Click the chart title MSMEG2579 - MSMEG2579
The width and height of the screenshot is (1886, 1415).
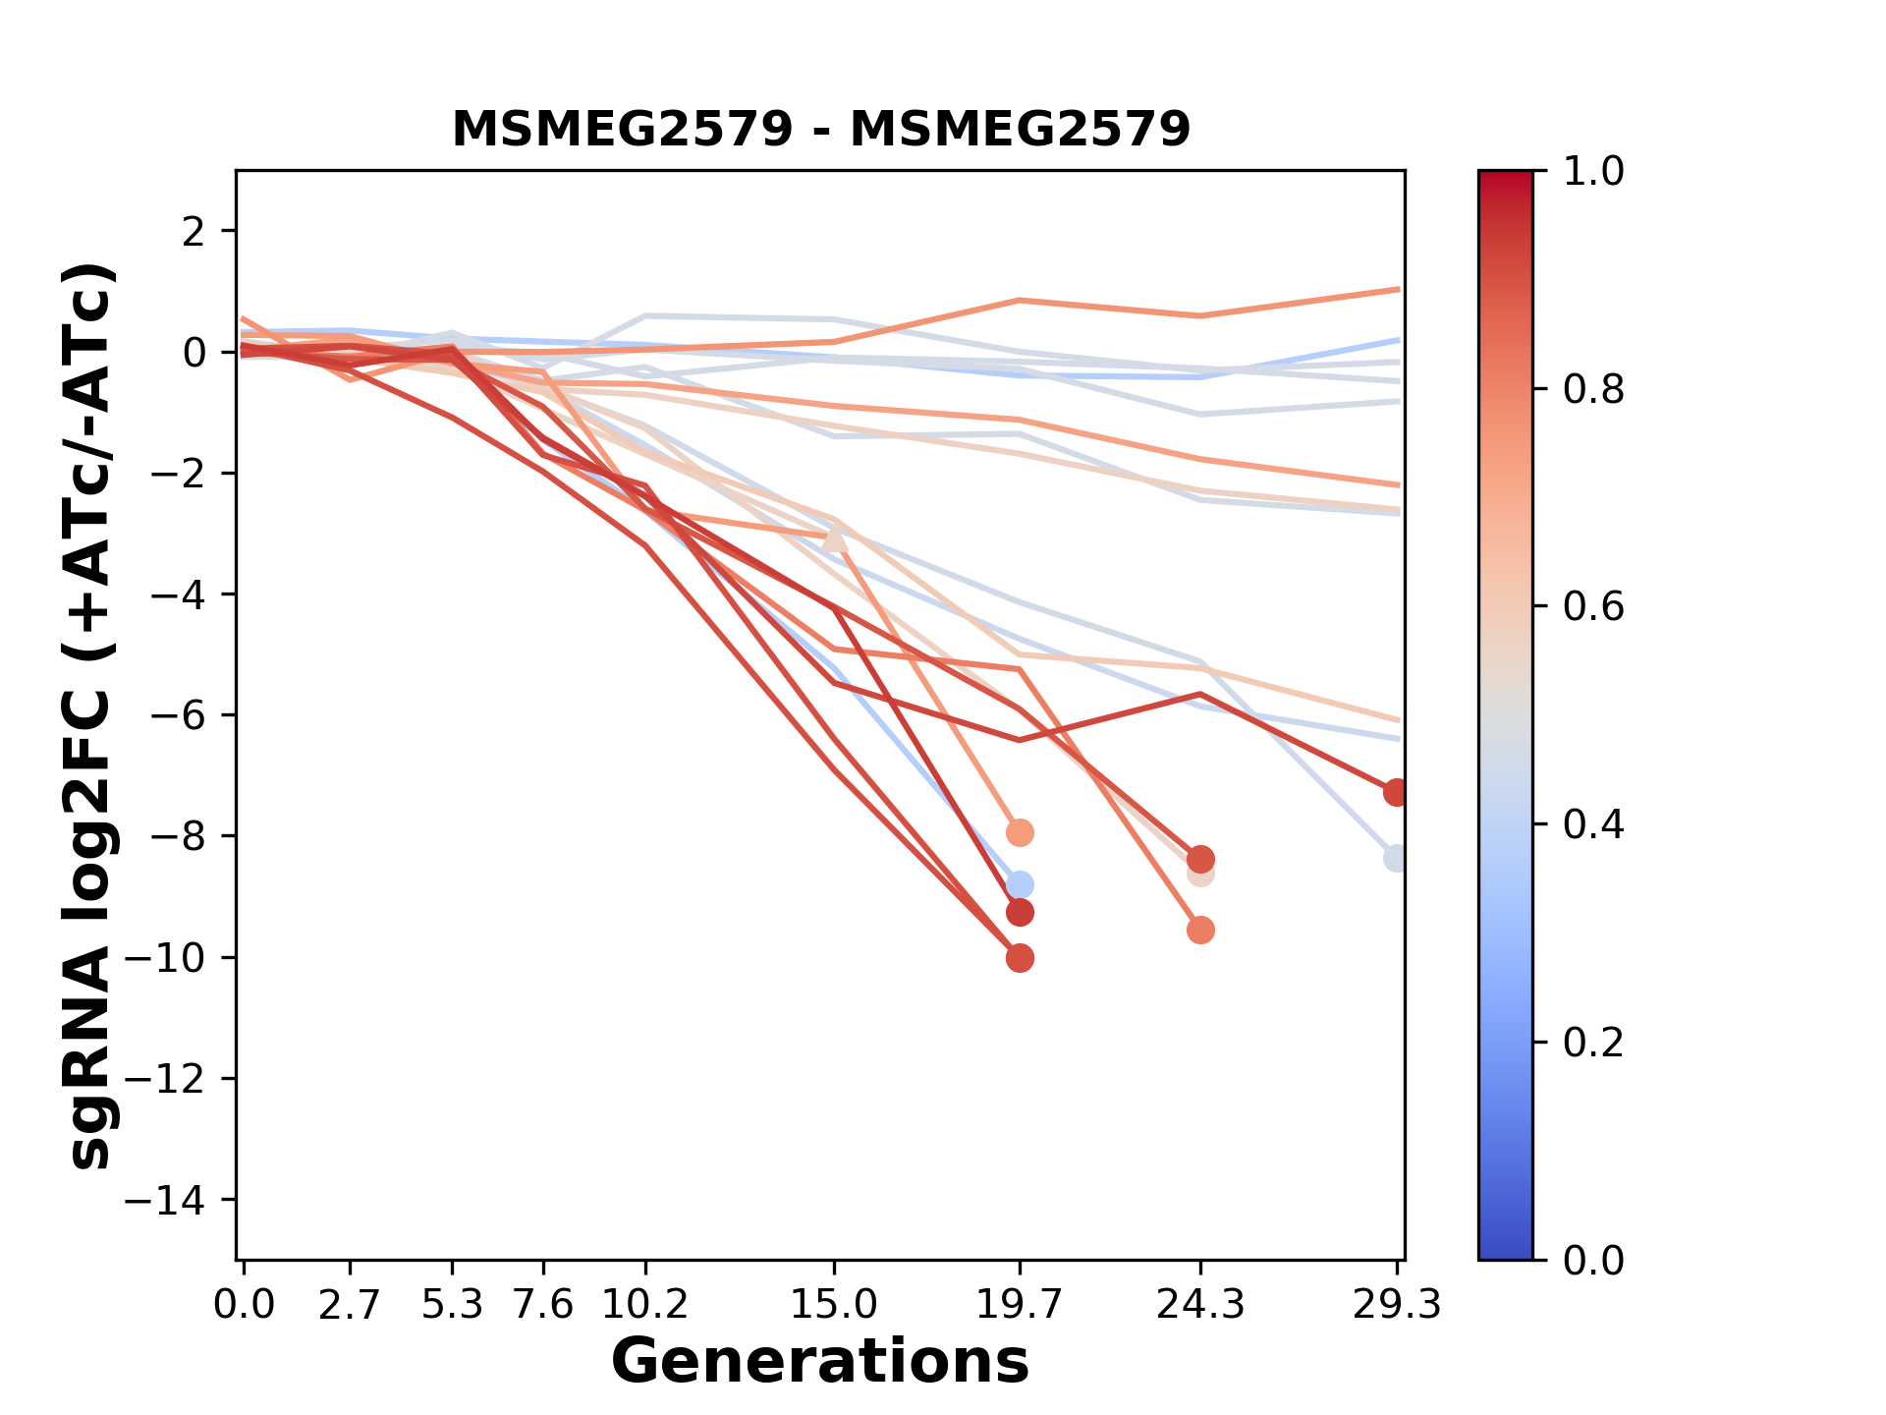coord(820,129)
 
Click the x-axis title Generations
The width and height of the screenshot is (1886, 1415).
coord(820,1362)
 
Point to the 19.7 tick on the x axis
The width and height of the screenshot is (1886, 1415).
coord(1019,1305)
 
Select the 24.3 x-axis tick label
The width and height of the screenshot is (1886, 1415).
coord(1199,1305)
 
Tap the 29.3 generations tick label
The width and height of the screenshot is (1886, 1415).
coord(1396,1305)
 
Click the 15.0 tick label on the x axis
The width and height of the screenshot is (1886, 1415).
coord(834,1305)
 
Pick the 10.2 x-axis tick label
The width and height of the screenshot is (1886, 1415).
coord(644,1305)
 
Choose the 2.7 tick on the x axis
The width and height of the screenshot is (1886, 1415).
coord(350,1305)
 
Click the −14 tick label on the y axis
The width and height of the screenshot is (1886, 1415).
coord(164,1200)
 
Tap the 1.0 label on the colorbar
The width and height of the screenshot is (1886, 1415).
coord(1593,172)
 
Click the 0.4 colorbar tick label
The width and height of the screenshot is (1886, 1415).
coord(1593,824)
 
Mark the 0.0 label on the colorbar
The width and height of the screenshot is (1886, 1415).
coord(1593,1260)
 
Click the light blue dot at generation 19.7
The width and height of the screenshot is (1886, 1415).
coord(1020,884)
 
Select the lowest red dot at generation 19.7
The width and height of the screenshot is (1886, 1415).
coord(1020,958)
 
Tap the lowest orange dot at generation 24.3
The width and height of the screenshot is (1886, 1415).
coord(1200,930)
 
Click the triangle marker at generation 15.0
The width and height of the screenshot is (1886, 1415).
coord(834,538)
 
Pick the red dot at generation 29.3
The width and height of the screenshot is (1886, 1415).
coord(1396,792)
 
